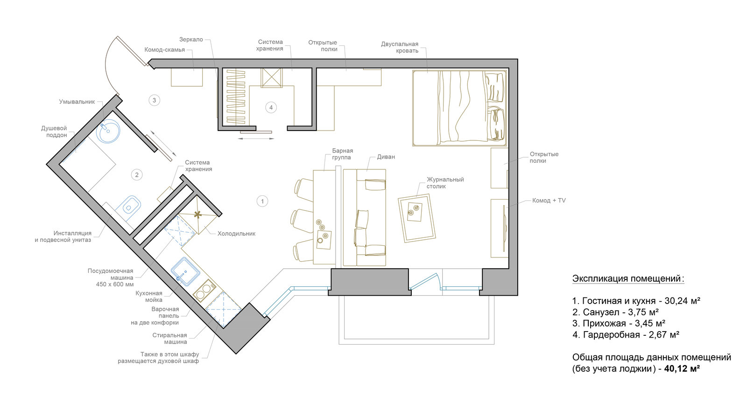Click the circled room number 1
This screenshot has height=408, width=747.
262,201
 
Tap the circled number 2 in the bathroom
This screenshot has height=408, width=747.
137,175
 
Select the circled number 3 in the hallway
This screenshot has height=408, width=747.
154,100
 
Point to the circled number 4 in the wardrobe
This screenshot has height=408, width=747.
271,108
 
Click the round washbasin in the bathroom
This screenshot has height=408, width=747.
108,131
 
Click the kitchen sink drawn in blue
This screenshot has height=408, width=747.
185,271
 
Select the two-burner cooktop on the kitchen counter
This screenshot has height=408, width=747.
204,291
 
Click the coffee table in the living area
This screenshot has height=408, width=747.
417,218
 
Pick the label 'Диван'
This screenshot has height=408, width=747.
386,157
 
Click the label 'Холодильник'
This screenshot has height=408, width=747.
236,234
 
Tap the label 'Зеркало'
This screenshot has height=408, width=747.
191,40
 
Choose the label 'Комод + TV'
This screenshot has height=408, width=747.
549,201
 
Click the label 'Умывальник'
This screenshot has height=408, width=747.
77,102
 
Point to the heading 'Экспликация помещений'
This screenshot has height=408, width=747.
628,279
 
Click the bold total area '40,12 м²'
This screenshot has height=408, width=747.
682,369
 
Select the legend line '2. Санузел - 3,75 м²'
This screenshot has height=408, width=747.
616,312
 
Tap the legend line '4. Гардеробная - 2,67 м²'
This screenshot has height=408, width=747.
626,334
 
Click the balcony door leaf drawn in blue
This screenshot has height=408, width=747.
423,282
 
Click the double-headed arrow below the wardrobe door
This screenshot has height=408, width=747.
256,138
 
